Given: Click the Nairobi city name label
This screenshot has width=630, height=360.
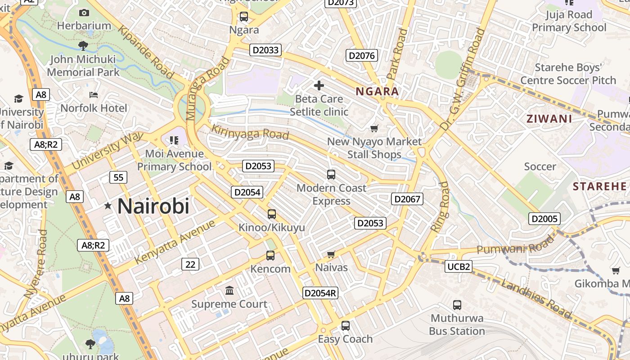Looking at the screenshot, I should pyautogui.click(x=153, y=206).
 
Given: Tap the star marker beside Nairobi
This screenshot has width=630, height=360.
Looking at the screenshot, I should pyautogui.click(x=108, y=206).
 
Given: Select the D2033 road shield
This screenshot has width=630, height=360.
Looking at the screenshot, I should pyautogui.click(x=265, y=50).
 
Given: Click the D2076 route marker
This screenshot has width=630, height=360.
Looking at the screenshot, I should pyautogui.click(x=362, y=55).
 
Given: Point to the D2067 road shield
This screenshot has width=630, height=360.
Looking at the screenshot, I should pyautogui.click(x=407, y=199).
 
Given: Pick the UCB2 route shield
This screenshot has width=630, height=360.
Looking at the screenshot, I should pyautogui.click(x=459, y=267).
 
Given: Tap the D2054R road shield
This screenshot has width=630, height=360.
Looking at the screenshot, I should pyautogui.click(x=320, y=293).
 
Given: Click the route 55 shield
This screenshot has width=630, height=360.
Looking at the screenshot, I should pyautogui.click(x=118, y=177).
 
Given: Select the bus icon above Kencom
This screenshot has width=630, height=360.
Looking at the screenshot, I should pyautogui.click(x=270, y=256).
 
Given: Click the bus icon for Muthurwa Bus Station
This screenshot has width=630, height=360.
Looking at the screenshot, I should pyautogui.click(x=457, y=305).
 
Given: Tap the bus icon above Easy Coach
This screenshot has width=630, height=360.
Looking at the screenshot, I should pyautogui.click(x=345, y=326).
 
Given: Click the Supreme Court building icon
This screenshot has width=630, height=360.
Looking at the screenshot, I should pyautogui.click(x=229, y=291).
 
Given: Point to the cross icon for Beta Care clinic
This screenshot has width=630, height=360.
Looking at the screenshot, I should pyautogui.click(x=319, y=85).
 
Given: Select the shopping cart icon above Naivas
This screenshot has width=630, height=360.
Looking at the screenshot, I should pyautogui.click(x=331, y=255).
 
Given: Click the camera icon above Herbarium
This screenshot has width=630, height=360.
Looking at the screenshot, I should pyautogui.click(x=84, y=13).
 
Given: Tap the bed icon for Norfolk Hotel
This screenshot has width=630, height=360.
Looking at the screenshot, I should pyautogui.click(x=94, y=95).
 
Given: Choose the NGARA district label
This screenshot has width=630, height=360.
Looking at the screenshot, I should pyautogui.click(x=377, y=92).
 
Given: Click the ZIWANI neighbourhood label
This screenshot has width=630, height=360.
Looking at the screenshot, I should pyautogui.click(x=549, y=119).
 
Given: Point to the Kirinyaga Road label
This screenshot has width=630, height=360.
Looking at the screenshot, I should pyautogui.click(x=250, y=132).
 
